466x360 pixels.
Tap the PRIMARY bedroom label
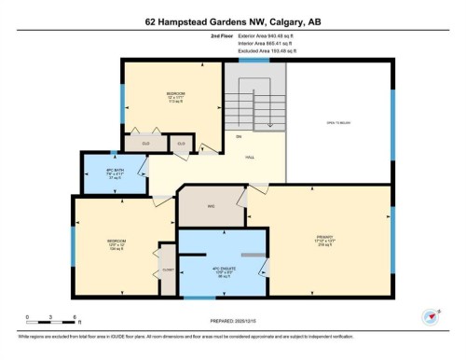[324, 240]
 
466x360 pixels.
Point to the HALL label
[250, 158]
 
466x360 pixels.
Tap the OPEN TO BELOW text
[337, 123]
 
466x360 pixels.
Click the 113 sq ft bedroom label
[175, 99]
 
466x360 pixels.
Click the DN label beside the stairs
[239, 137]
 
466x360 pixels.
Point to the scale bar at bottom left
[51, 317]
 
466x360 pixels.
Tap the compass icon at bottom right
[430, 316]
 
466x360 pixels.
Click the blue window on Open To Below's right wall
[392, 125]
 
